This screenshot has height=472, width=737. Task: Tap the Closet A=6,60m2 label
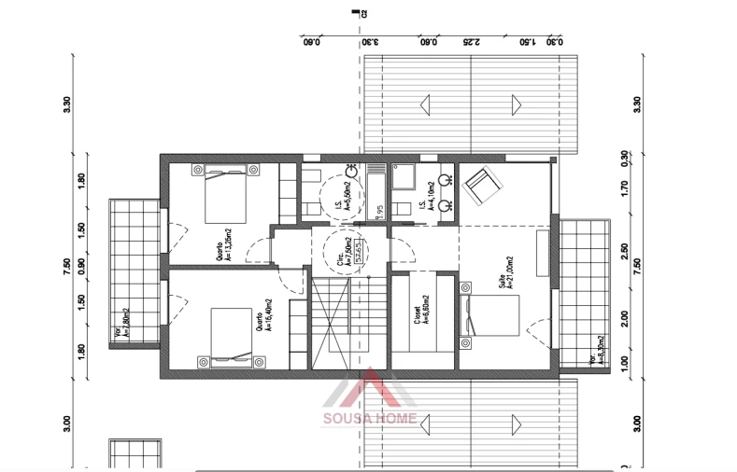coord(421,318)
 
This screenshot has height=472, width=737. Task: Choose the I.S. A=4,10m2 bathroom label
coord(426,197)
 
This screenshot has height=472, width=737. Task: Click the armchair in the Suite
coord(483,185)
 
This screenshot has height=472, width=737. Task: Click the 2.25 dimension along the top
coord(472,41)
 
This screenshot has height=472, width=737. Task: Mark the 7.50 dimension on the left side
coord(67,265)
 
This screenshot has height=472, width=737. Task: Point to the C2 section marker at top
coord(358,13)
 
